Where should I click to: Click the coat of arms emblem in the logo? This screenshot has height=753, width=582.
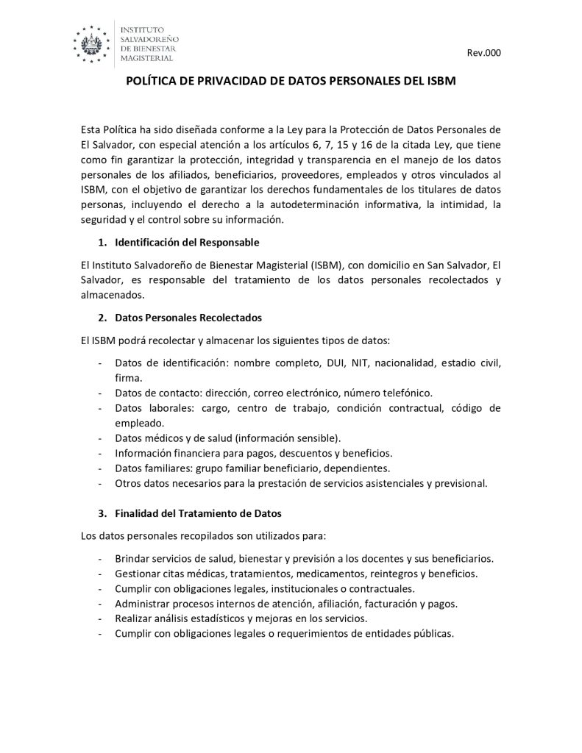click(94, 41)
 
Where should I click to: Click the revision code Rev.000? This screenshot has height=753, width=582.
click(485, 54)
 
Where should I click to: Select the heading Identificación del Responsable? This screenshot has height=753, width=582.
click(187, 242)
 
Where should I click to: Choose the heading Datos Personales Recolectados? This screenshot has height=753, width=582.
click(188, 318)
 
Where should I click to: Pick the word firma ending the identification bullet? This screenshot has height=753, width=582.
click(128, 377)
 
